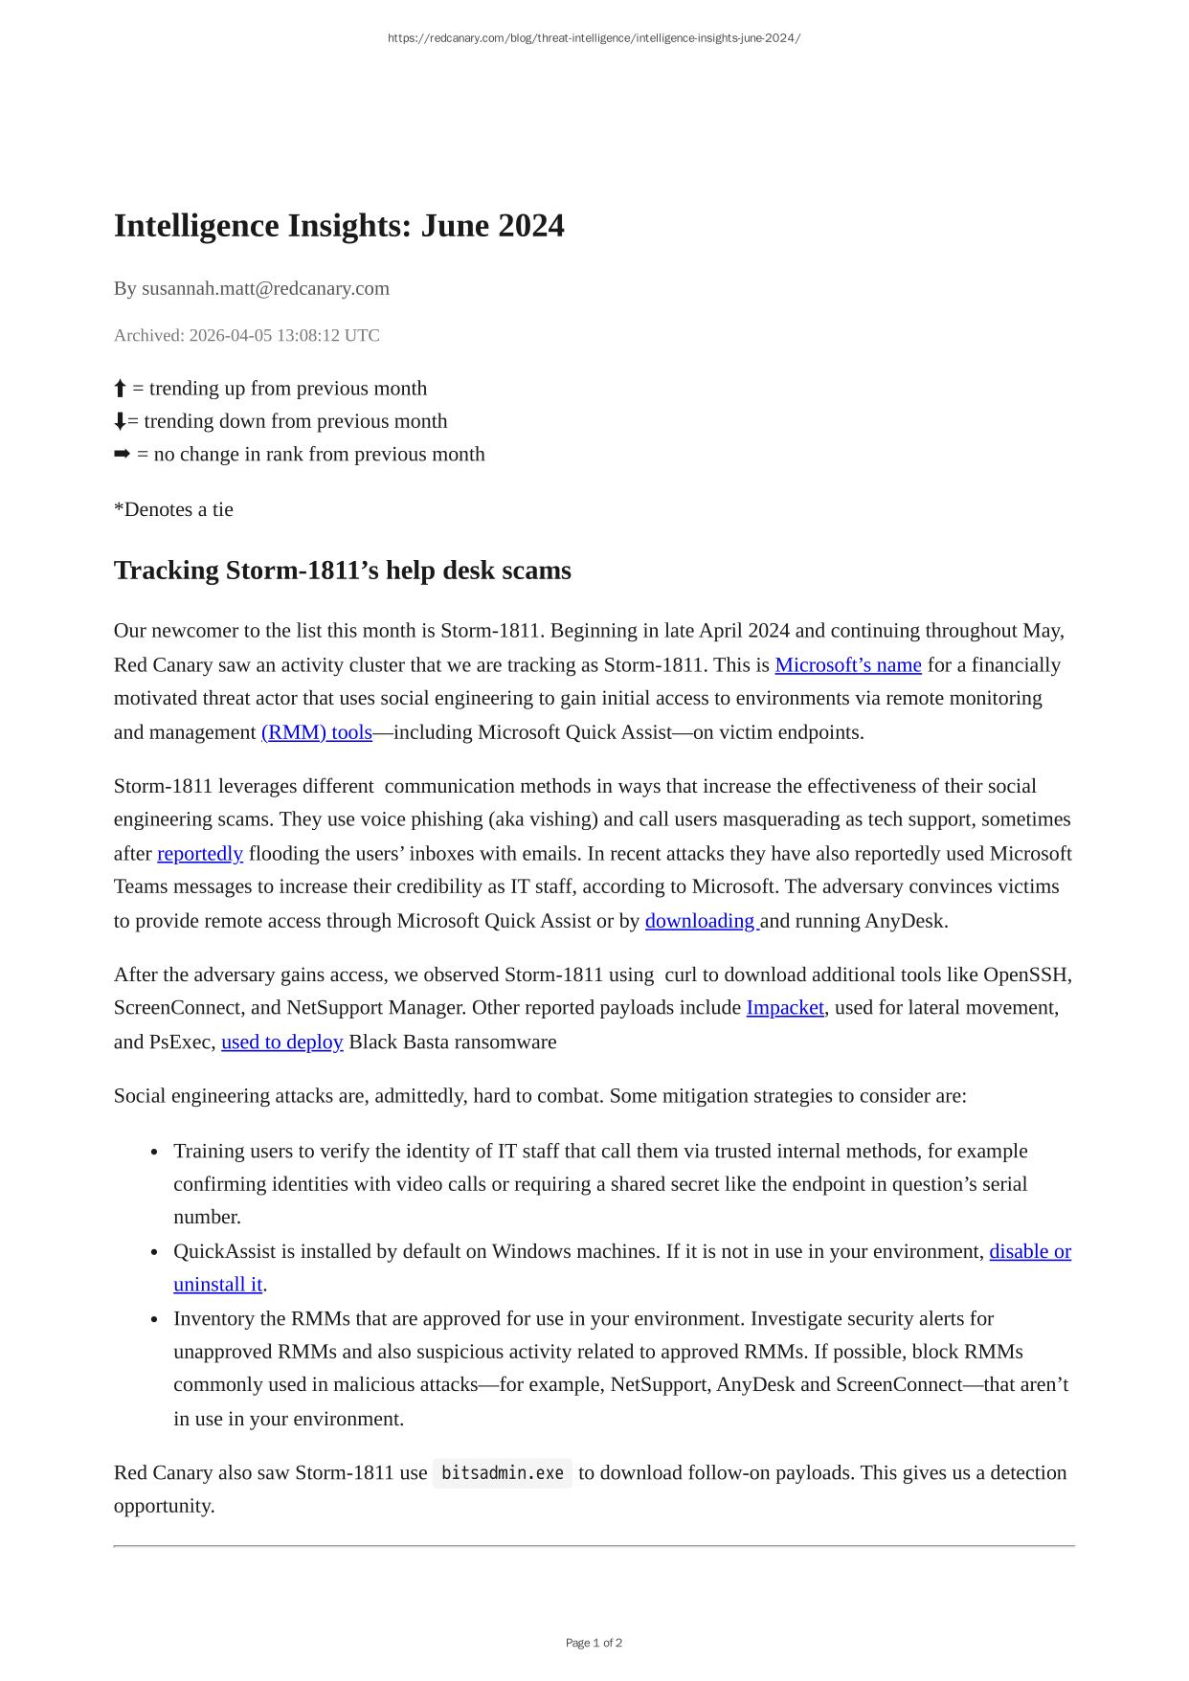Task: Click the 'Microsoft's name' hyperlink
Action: coord(847,665)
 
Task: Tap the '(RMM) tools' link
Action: coord(316,732)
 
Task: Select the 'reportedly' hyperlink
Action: coord(200,854)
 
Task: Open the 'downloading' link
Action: coord(701,921)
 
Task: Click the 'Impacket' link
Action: coord(785,1008)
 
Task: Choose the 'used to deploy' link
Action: coord(281,1042)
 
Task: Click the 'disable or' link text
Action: coord(1030,1252)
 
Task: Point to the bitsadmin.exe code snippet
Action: coord(503,1473)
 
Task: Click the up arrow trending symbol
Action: coord(120,389)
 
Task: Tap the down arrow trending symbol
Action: coord(120,421)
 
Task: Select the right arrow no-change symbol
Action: coord(122,455)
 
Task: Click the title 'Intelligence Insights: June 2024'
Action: coord(339,226)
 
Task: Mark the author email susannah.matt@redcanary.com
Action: coord(265,289)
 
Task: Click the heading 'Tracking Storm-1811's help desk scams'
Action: coord(342,571)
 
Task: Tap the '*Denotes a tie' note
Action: coord(173,510)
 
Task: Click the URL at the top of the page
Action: coord(594,38)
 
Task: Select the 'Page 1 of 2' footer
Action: coord(594,1643)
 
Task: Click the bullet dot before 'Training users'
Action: coord(154,1153)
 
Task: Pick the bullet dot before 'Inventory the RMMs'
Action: coord(154,1320)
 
